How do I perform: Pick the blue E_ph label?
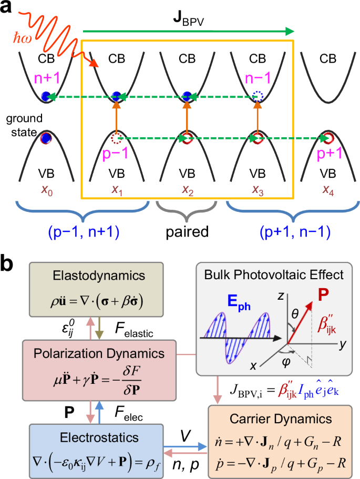[x=228, y=301]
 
